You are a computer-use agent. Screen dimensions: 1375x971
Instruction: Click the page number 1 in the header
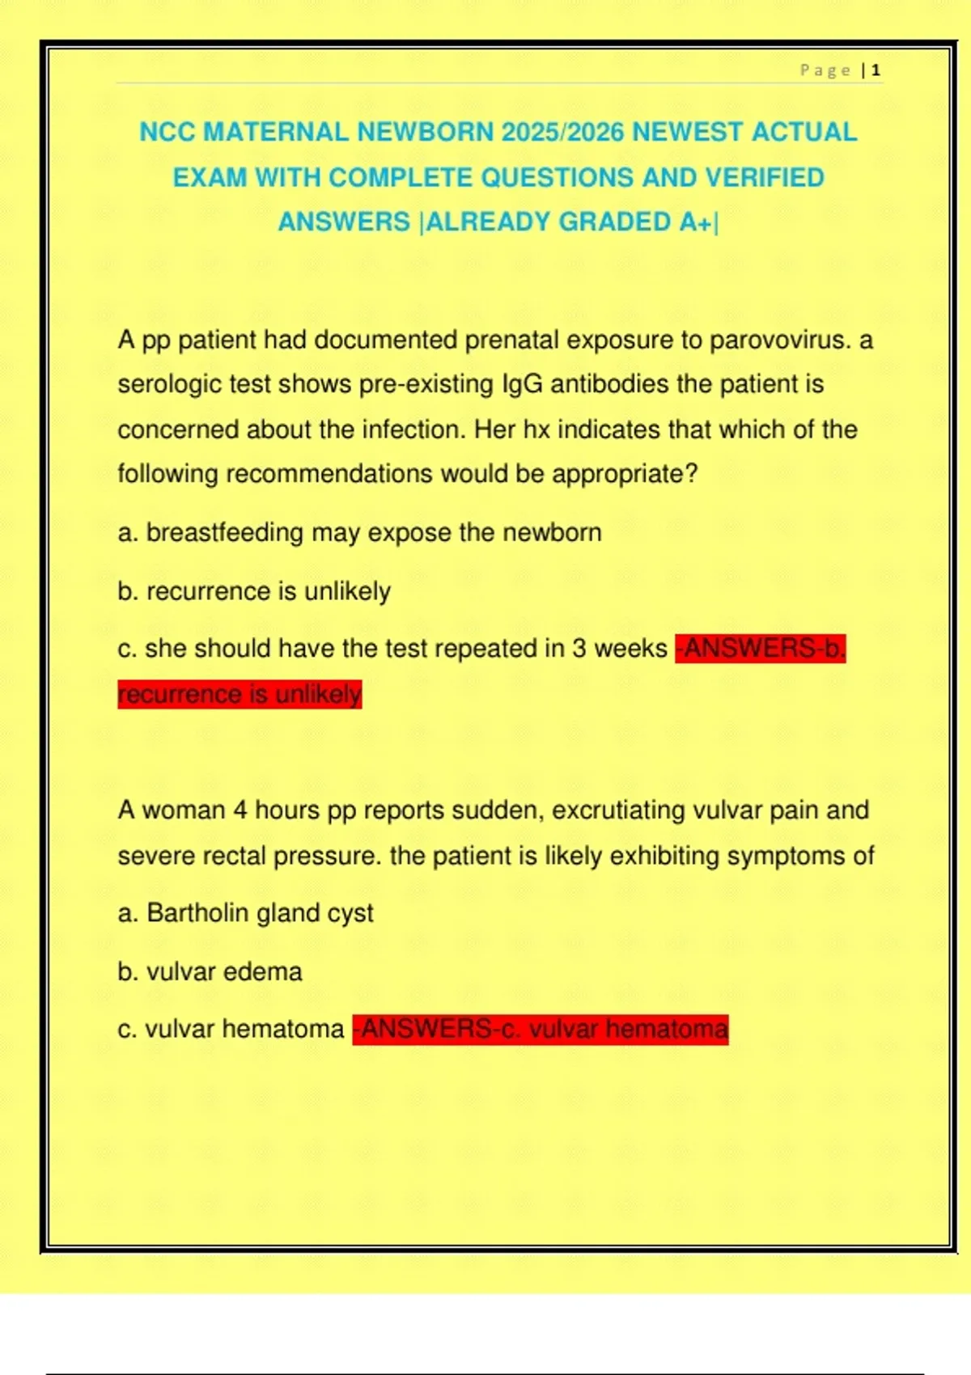coord(876,71)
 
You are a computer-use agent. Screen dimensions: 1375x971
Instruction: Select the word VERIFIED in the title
coord(765,177)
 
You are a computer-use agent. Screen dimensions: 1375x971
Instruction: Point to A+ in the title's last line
coord(695,222)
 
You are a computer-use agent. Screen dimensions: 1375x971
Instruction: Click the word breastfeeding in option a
coord(225,532)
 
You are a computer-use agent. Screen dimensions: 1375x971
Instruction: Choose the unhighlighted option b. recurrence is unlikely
coord(254,591)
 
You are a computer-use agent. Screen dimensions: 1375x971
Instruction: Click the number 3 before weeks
coord(579,649)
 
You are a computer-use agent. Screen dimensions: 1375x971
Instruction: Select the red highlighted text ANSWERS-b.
coord(761,649)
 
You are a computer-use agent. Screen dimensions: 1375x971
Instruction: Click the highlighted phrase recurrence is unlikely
coord(240,694)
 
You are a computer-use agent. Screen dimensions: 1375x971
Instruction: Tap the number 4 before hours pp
coord(240,810)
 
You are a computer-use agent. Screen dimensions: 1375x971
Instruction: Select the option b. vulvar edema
coord(210,971)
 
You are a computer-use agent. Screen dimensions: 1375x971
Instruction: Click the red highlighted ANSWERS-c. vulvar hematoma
coord(541,1029)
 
